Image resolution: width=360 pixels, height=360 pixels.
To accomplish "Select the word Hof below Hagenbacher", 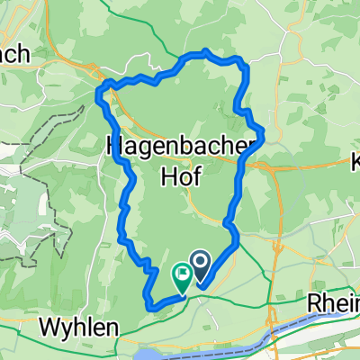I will (x=180, y=176).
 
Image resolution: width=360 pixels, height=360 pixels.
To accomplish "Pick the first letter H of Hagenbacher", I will (x=114, y=143).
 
